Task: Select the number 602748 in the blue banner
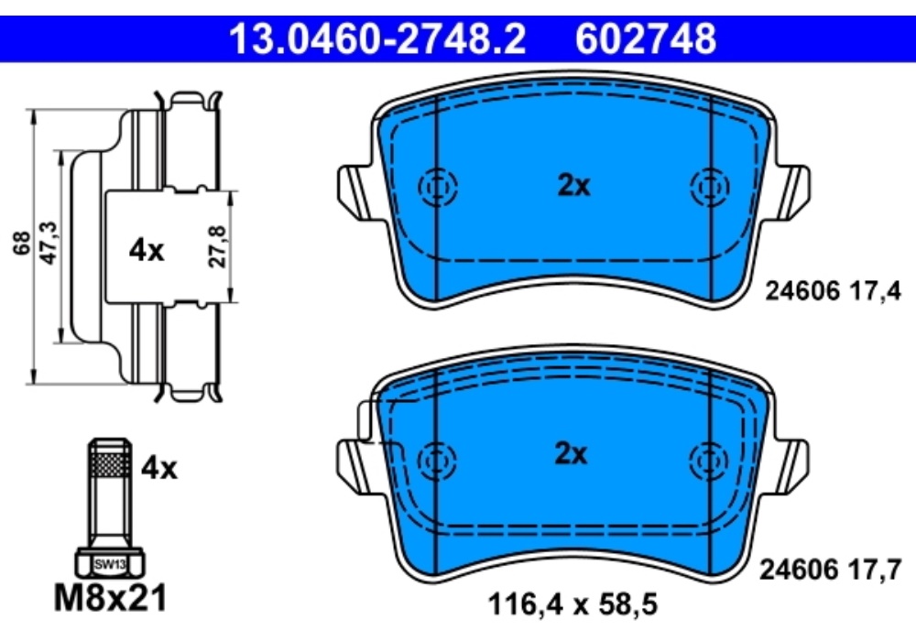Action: (646, 38)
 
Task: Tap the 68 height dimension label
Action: (22, 243)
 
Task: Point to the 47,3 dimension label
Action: (49, 243)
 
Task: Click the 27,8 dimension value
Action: (218, 246)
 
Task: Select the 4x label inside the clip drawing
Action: (146, 251)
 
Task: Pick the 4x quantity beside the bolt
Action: (158, 468)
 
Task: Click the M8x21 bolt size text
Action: (111, 598)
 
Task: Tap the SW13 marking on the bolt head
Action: (110, 564)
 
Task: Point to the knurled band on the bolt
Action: (110, 465)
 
